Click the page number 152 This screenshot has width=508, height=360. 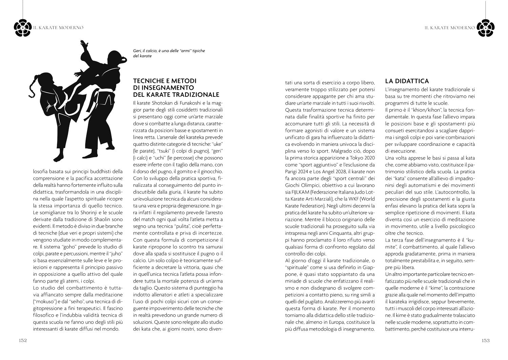click(23, 340)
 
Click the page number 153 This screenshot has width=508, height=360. click(485, 340)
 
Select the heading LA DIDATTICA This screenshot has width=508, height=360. click(407, 81)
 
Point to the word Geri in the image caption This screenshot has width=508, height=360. click(137, 51)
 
